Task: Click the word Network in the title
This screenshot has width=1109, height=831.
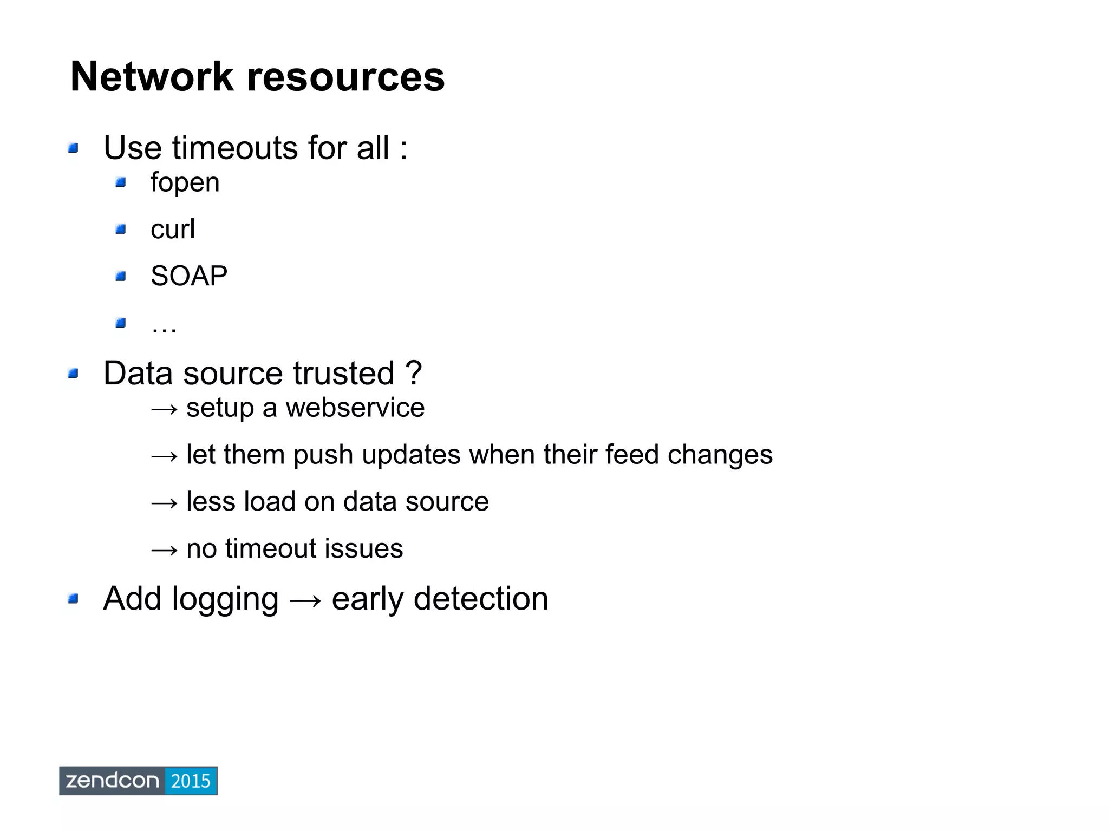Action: point(152,77)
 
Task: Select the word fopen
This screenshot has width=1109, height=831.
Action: point(185,183)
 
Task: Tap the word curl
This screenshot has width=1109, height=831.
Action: point(172,229)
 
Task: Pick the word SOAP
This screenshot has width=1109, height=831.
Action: point(188,276)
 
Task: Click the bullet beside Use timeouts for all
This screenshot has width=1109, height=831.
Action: point(74,148)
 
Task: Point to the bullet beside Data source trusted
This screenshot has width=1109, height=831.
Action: point(74,374)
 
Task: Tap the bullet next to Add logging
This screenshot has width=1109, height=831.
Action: point(74,599)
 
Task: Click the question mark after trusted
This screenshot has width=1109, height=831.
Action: point(413,373)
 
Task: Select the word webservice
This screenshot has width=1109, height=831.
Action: point(355,408)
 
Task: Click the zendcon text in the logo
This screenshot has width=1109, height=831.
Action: point(112,781)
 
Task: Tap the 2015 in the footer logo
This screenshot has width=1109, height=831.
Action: point(190,781)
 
